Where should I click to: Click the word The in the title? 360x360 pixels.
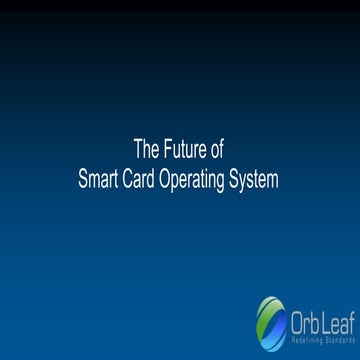(x=146, y=151)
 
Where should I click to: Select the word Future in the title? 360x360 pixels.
(x=186, y=151)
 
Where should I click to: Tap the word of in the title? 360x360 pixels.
(x=217, y=151)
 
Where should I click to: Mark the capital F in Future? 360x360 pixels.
(x=167, y=151)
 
